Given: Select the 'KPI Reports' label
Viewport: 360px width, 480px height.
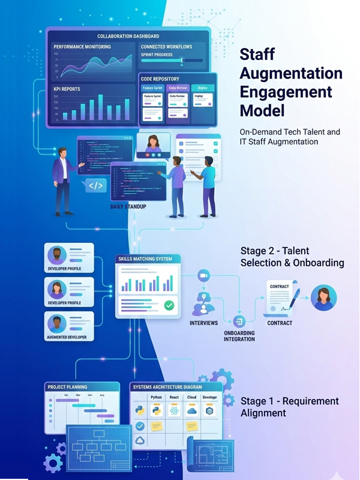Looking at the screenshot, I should tap(67, 89).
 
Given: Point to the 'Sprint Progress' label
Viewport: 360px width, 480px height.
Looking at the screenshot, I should tap(157, 55).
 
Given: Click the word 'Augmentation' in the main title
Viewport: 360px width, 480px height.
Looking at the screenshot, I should tap(291, 74).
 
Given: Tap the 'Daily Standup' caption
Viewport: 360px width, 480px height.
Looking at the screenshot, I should tap(128, 206).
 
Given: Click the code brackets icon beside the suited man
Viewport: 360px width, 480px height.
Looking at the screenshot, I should tap(95, 185).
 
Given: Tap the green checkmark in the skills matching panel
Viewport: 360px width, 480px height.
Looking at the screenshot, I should tap(170, 305).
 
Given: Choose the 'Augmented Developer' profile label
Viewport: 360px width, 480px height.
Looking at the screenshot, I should tap(67, 337).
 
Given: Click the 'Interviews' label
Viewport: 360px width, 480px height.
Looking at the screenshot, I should tap(203, 323).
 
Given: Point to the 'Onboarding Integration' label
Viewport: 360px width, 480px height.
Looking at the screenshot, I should tap(239, 336).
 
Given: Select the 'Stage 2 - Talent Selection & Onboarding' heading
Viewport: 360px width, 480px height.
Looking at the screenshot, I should tap(292, 256).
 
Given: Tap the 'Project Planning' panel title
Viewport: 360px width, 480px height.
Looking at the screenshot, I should tap(67, 387).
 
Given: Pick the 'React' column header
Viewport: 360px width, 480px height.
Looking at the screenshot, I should tap(174, 397).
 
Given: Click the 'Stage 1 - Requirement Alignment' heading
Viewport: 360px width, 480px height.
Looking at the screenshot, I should tap(289, 407).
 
